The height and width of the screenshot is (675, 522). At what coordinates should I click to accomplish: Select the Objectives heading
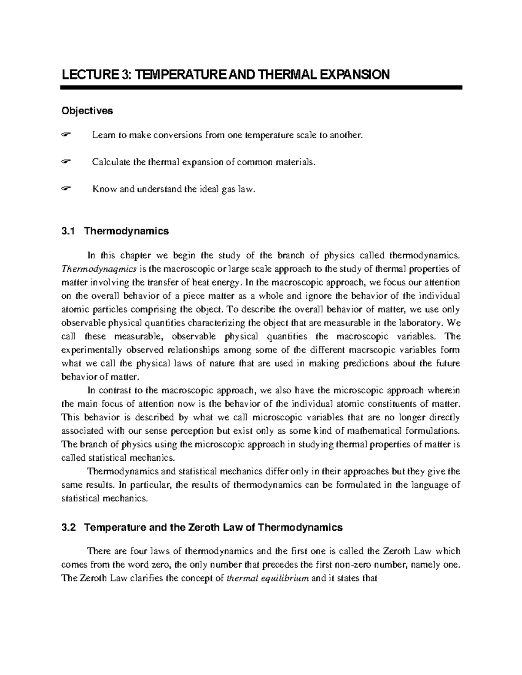click(87, 111)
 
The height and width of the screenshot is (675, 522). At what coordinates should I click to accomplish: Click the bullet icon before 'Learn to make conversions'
click(66, 136)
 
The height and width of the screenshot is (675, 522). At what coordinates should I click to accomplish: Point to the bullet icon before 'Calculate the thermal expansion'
click(66, 163)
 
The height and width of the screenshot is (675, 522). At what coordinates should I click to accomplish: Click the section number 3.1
click(69, 231)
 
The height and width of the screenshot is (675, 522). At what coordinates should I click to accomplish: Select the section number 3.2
click(69, 528)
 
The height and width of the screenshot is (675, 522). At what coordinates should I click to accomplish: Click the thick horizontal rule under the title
click(261, 88)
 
